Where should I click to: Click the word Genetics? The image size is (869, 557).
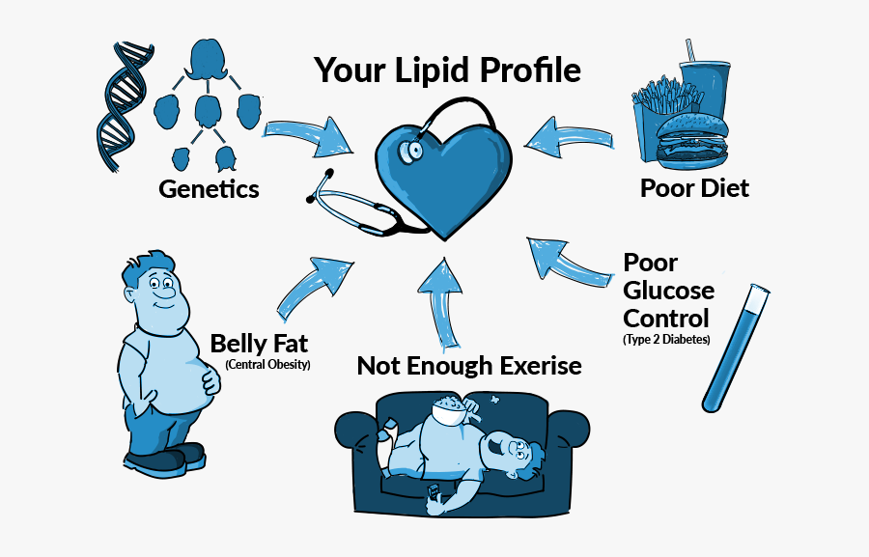[209, 188]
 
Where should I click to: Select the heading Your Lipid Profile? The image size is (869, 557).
[448, 70]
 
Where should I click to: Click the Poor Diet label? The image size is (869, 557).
[694, 187]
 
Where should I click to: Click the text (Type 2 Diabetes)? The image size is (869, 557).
[666, 340]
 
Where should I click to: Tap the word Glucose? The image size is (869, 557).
[668, 291]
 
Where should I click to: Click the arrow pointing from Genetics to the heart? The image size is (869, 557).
[309, 137]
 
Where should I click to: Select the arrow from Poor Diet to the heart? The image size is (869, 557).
[570, 139]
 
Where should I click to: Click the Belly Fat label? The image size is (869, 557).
[259, 344]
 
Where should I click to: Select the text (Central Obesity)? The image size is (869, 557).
[267, 365]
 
